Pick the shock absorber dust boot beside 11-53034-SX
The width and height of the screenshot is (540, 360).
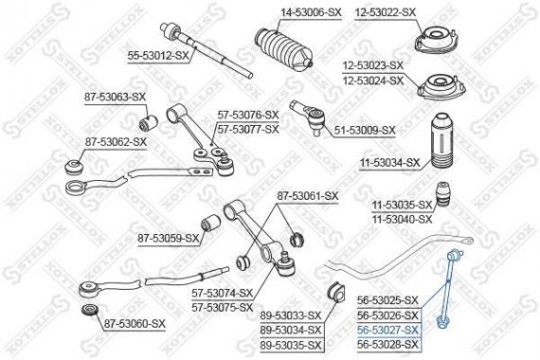442,138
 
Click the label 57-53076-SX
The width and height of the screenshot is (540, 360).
248,115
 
